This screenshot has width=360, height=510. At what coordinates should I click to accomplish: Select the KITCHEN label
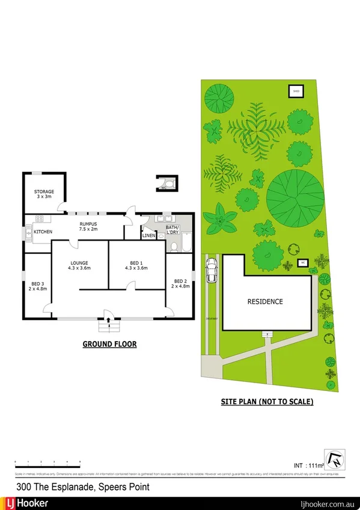pyautogui.click(x=43, y=232)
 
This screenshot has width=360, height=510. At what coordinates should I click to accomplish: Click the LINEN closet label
pyautogui.click(x=148, y=236)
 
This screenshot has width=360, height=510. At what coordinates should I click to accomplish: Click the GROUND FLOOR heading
pyautogui.click(x=109, y=345)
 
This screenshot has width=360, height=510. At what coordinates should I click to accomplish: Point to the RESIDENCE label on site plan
pyautogui.click(x=265, y=301)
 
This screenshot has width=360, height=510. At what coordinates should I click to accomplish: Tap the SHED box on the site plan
pyautogui.click(x=296, y=91)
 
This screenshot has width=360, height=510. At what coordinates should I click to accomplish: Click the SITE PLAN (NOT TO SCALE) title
pyautogui.click(x=266, y=401)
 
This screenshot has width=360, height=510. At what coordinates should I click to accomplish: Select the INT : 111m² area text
pyautogui.click(x=307, y=465)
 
